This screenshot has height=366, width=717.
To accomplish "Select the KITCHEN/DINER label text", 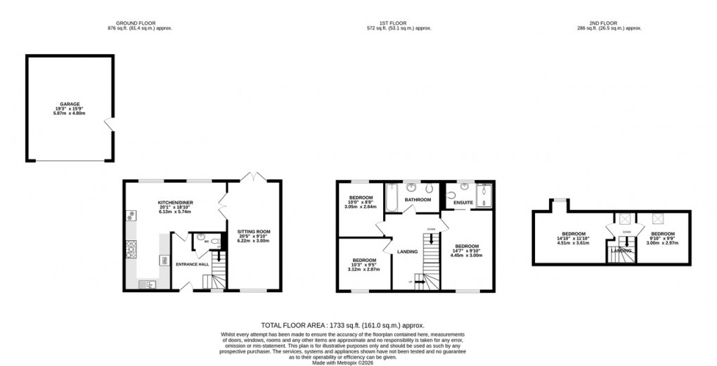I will (x=175, y=202).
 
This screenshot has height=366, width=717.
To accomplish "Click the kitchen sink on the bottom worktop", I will (x=148, y=284).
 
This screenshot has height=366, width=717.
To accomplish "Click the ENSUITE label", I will (x=463, y=203).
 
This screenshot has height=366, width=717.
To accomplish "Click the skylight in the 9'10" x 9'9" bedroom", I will (x=659, y=218).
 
